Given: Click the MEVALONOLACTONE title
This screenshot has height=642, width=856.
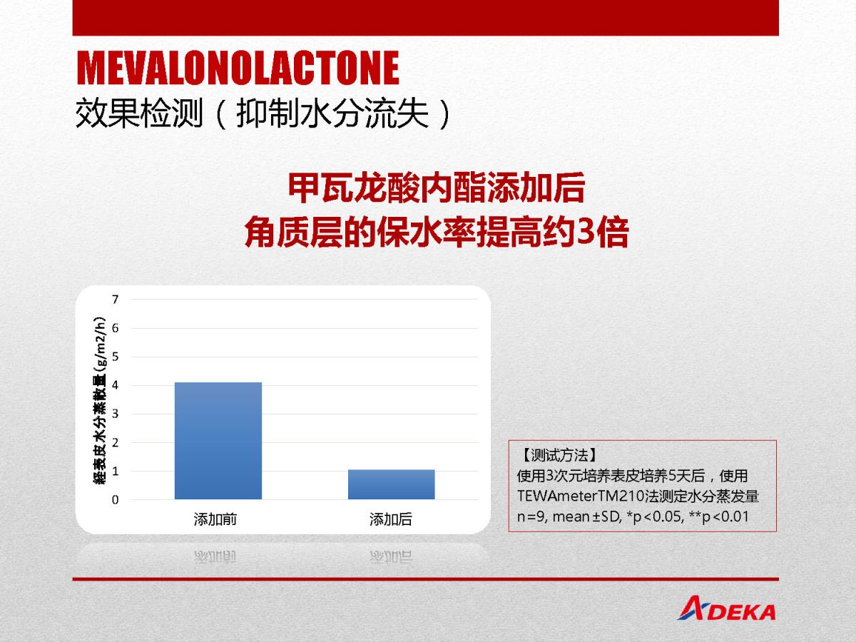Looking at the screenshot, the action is coord(238,68).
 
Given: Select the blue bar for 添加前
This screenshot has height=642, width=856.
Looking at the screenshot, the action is coord(218,440).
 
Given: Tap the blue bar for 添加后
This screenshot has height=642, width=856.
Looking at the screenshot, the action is coord(391,484).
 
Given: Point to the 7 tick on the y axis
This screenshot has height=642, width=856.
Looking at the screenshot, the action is coord(115,300).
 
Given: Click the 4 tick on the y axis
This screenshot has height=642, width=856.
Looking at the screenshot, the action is coord(115,385).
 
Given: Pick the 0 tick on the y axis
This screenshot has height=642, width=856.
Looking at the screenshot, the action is coord(115,500).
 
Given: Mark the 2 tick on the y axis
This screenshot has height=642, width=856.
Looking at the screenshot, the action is coord(115,442).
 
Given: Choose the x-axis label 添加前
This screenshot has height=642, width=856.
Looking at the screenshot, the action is coord(215,519).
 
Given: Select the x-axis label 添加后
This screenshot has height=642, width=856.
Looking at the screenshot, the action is coord(391,519).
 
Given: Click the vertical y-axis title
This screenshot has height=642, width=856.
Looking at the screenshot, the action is coord(99,400).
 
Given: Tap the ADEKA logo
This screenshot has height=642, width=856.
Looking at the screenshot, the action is coord(726,608).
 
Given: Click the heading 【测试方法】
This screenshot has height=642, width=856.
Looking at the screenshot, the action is coord(558,455).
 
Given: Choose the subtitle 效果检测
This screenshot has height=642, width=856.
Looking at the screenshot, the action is coord(139,113).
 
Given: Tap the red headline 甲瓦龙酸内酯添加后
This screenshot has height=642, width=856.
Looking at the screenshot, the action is coord(437,188).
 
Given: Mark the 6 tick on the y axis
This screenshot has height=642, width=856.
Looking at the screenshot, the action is coord(115,328).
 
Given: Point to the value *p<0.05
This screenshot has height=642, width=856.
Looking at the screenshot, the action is coord(656,517).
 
